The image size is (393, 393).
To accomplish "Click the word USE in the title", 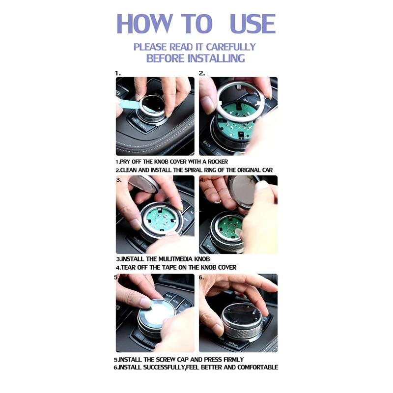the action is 253,24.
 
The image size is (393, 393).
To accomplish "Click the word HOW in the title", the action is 145,24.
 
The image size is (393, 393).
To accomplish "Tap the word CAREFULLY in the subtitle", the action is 230,47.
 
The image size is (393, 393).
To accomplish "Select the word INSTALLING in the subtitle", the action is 216,58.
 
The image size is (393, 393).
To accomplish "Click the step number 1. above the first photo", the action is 118,73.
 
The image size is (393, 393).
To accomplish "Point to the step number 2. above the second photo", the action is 202,73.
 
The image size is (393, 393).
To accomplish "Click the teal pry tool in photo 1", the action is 127,104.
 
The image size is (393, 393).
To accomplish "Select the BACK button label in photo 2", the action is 207,144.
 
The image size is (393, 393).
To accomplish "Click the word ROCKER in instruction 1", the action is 218,162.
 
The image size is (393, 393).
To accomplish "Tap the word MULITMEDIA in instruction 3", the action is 169,259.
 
